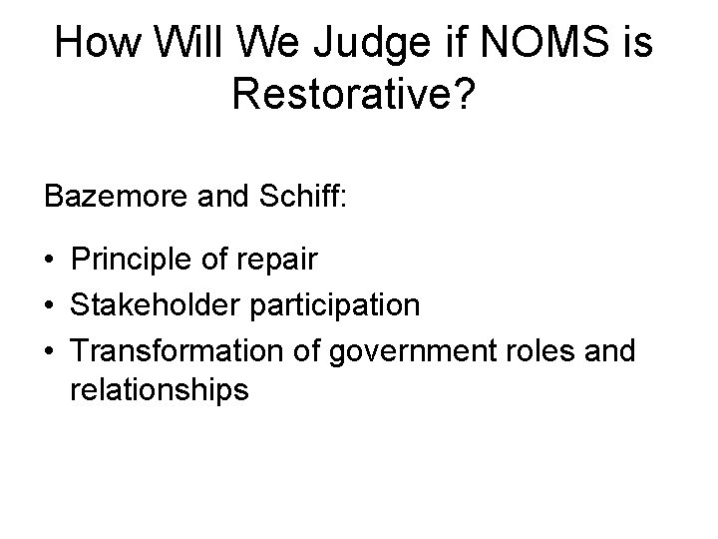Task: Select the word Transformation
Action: pyautogui.click(x=165, y=346)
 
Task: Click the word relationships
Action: pyautogui.click(x=159, y=390)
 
